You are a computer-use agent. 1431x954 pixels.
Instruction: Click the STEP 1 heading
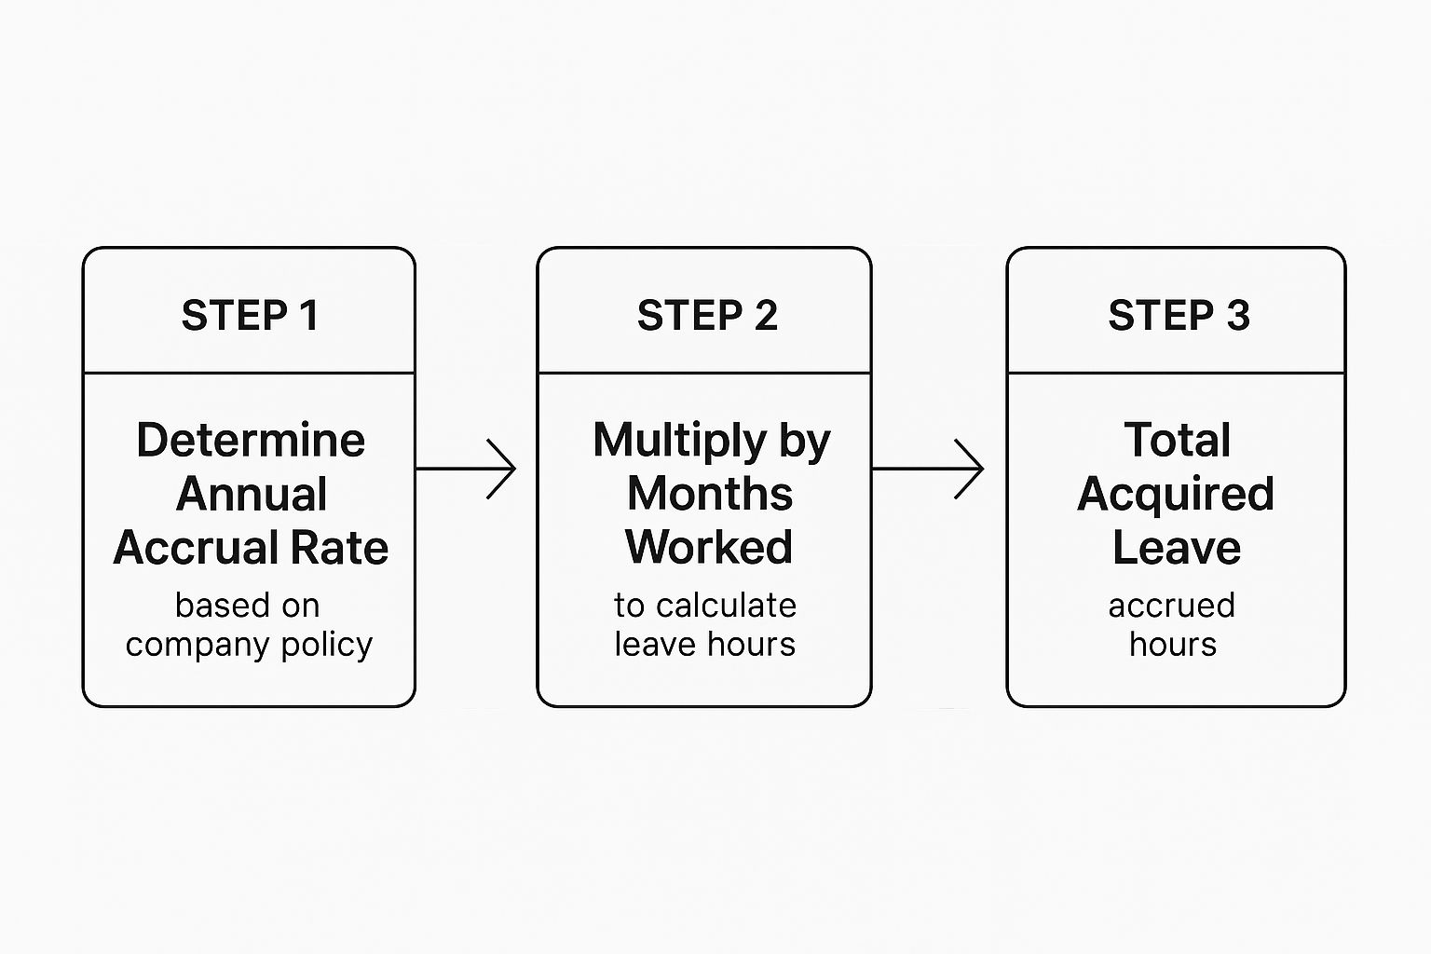250,316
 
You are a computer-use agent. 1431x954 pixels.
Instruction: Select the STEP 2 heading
706,316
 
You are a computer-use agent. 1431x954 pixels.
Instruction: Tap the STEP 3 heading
1178,316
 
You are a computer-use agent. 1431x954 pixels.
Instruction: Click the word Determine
251,440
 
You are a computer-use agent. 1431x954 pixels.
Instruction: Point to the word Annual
252,494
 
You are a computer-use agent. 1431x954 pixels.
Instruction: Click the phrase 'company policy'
249,645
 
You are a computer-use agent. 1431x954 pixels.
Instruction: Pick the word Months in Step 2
710,494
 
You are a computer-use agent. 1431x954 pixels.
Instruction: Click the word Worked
709,548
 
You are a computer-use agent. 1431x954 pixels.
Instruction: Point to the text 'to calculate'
705,606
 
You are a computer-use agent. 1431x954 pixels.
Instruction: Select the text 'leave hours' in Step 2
705,645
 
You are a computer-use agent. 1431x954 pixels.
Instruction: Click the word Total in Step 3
1178,440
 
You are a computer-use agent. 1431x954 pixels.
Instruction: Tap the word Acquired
1176,495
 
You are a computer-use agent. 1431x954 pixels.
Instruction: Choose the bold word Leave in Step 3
1177,548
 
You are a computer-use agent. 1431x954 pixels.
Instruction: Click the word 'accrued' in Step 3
1172,606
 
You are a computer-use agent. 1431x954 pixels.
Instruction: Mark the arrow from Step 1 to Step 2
466,469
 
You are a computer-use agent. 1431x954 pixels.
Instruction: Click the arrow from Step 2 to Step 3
929,469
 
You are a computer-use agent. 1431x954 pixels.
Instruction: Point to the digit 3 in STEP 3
1237,316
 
